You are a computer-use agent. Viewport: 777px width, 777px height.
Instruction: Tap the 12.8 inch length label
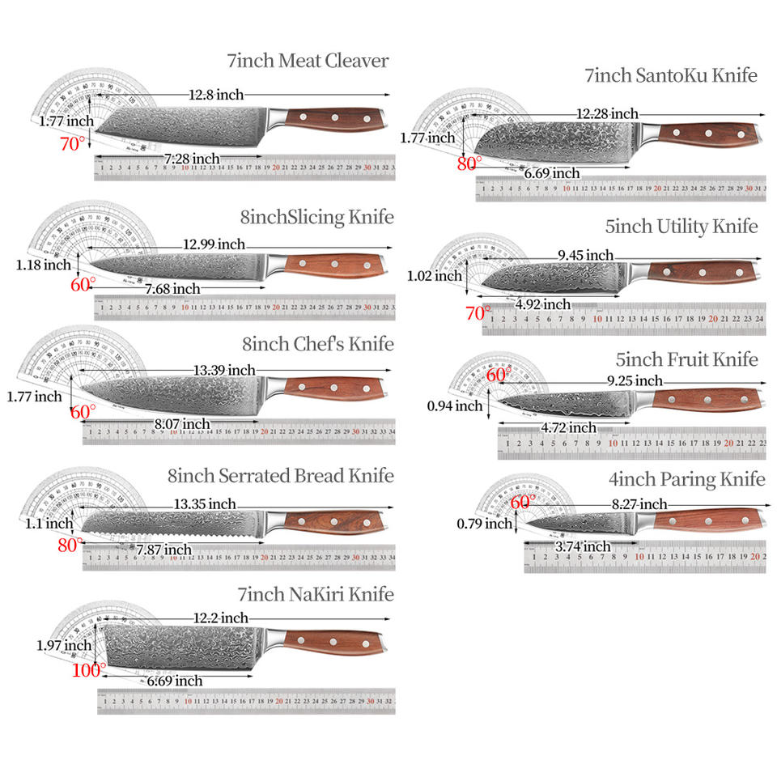click(216, 95)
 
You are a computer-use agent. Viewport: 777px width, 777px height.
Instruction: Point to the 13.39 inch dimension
click(224, 370)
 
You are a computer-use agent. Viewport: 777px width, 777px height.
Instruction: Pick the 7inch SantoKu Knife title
click(671, 76)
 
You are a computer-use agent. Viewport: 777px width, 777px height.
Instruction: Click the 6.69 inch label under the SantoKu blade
click(552, 172)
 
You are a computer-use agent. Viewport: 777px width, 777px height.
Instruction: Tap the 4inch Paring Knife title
click(686, 479)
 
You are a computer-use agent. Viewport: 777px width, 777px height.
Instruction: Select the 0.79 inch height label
click(485, 524)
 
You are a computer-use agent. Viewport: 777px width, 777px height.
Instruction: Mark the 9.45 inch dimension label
click(585, 255)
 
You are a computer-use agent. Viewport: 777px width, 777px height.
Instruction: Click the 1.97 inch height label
click(64, 645)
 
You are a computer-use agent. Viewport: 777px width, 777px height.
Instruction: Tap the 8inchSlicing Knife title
click(316, 217)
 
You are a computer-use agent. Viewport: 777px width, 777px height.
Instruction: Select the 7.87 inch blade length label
click(163, 550)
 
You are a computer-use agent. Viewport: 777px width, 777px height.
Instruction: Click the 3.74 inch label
click(583, 547)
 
